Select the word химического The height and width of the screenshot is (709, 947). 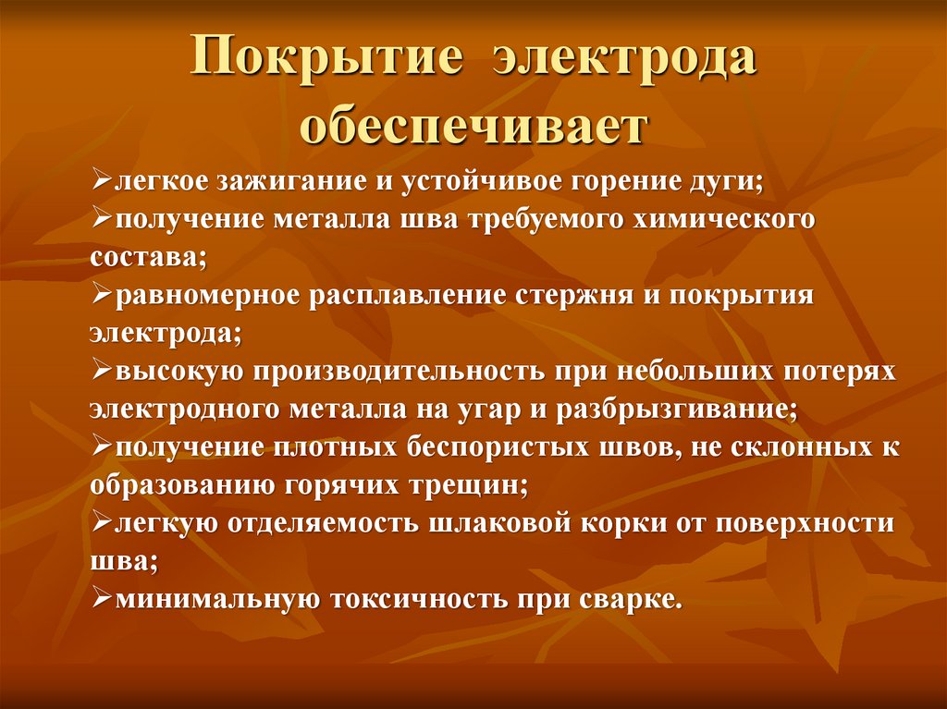point(727,221)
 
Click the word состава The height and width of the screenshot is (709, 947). point(144,257)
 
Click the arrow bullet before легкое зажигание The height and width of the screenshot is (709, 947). point(102,180)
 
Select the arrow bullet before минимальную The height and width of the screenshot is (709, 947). point(102,599)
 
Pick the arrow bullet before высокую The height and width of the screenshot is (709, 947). point(102,371)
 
